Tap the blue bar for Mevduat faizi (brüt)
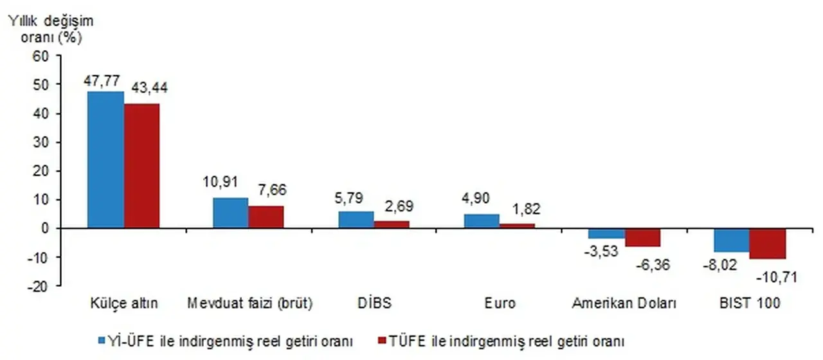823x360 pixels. (230, 213)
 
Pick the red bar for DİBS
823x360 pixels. (391, 224)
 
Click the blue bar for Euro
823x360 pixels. (482, 221)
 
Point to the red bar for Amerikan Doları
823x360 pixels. (642, 237)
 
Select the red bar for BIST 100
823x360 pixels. (768, 244)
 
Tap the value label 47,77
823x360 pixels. (104, 80)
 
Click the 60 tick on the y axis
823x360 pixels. (41, 56)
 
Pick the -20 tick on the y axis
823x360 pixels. (37, 286)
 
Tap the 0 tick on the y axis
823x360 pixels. (45, 228)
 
